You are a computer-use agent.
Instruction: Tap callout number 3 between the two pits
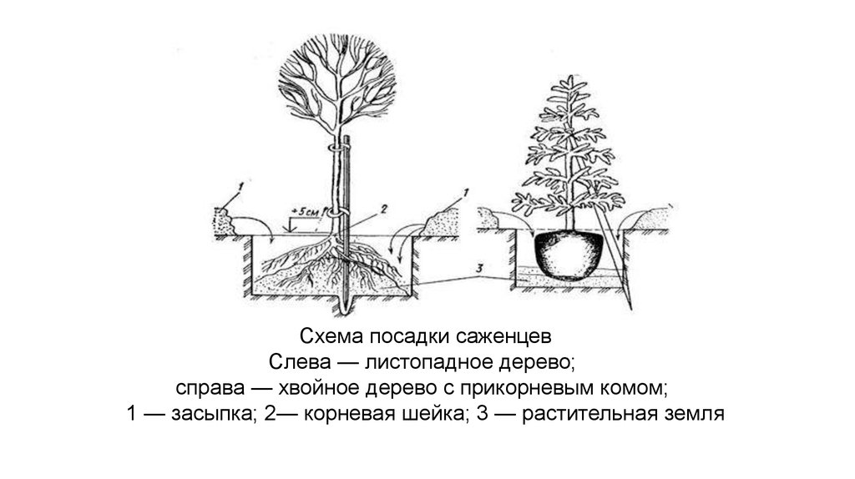pyautogui.click(x=478, y=268)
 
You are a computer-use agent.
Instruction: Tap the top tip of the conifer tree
pyautogui.click(x=570, y=78)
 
